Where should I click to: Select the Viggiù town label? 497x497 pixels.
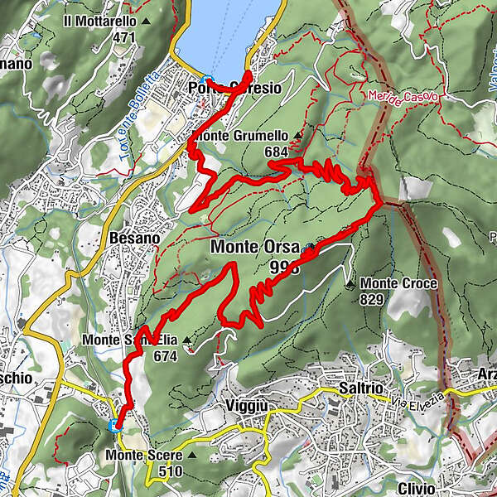247,406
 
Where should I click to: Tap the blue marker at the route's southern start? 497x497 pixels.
115,426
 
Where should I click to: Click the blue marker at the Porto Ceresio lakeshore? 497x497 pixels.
208,81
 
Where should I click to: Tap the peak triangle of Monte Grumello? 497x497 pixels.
297,136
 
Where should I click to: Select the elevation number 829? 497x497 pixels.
372,299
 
